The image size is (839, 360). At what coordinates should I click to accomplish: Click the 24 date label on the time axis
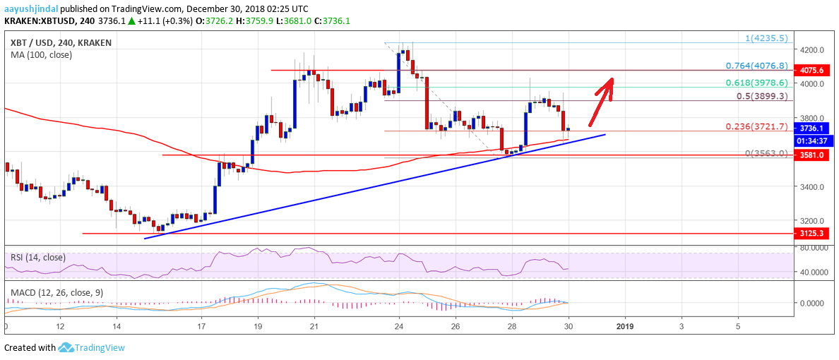pyautogui.click(x=399, y=327)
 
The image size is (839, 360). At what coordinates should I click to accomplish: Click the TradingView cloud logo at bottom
pyautogui.click(x=66, y=347)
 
